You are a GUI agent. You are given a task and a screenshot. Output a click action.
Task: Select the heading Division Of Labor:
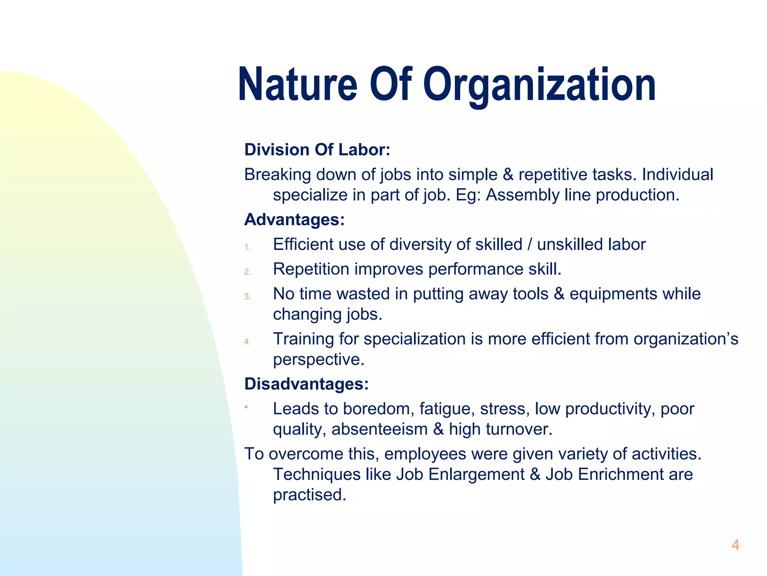317,150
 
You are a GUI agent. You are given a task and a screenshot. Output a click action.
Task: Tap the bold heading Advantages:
294,219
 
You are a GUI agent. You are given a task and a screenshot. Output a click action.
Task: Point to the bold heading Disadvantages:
306,384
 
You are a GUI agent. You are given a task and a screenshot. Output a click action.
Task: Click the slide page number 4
735,545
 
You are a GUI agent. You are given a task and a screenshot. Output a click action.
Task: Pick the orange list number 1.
247,247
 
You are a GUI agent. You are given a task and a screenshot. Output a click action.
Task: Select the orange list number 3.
247,297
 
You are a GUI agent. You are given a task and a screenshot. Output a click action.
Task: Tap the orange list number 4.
247,342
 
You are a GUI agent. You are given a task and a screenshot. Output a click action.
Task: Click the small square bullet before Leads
246,406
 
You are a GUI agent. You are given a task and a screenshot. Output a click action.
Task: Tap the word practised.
309,495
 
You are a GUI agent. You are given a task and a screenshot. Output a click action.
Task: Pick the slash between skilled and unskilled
530,244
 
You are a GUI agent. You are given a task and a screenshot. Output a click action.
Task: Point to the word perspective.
318,360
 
